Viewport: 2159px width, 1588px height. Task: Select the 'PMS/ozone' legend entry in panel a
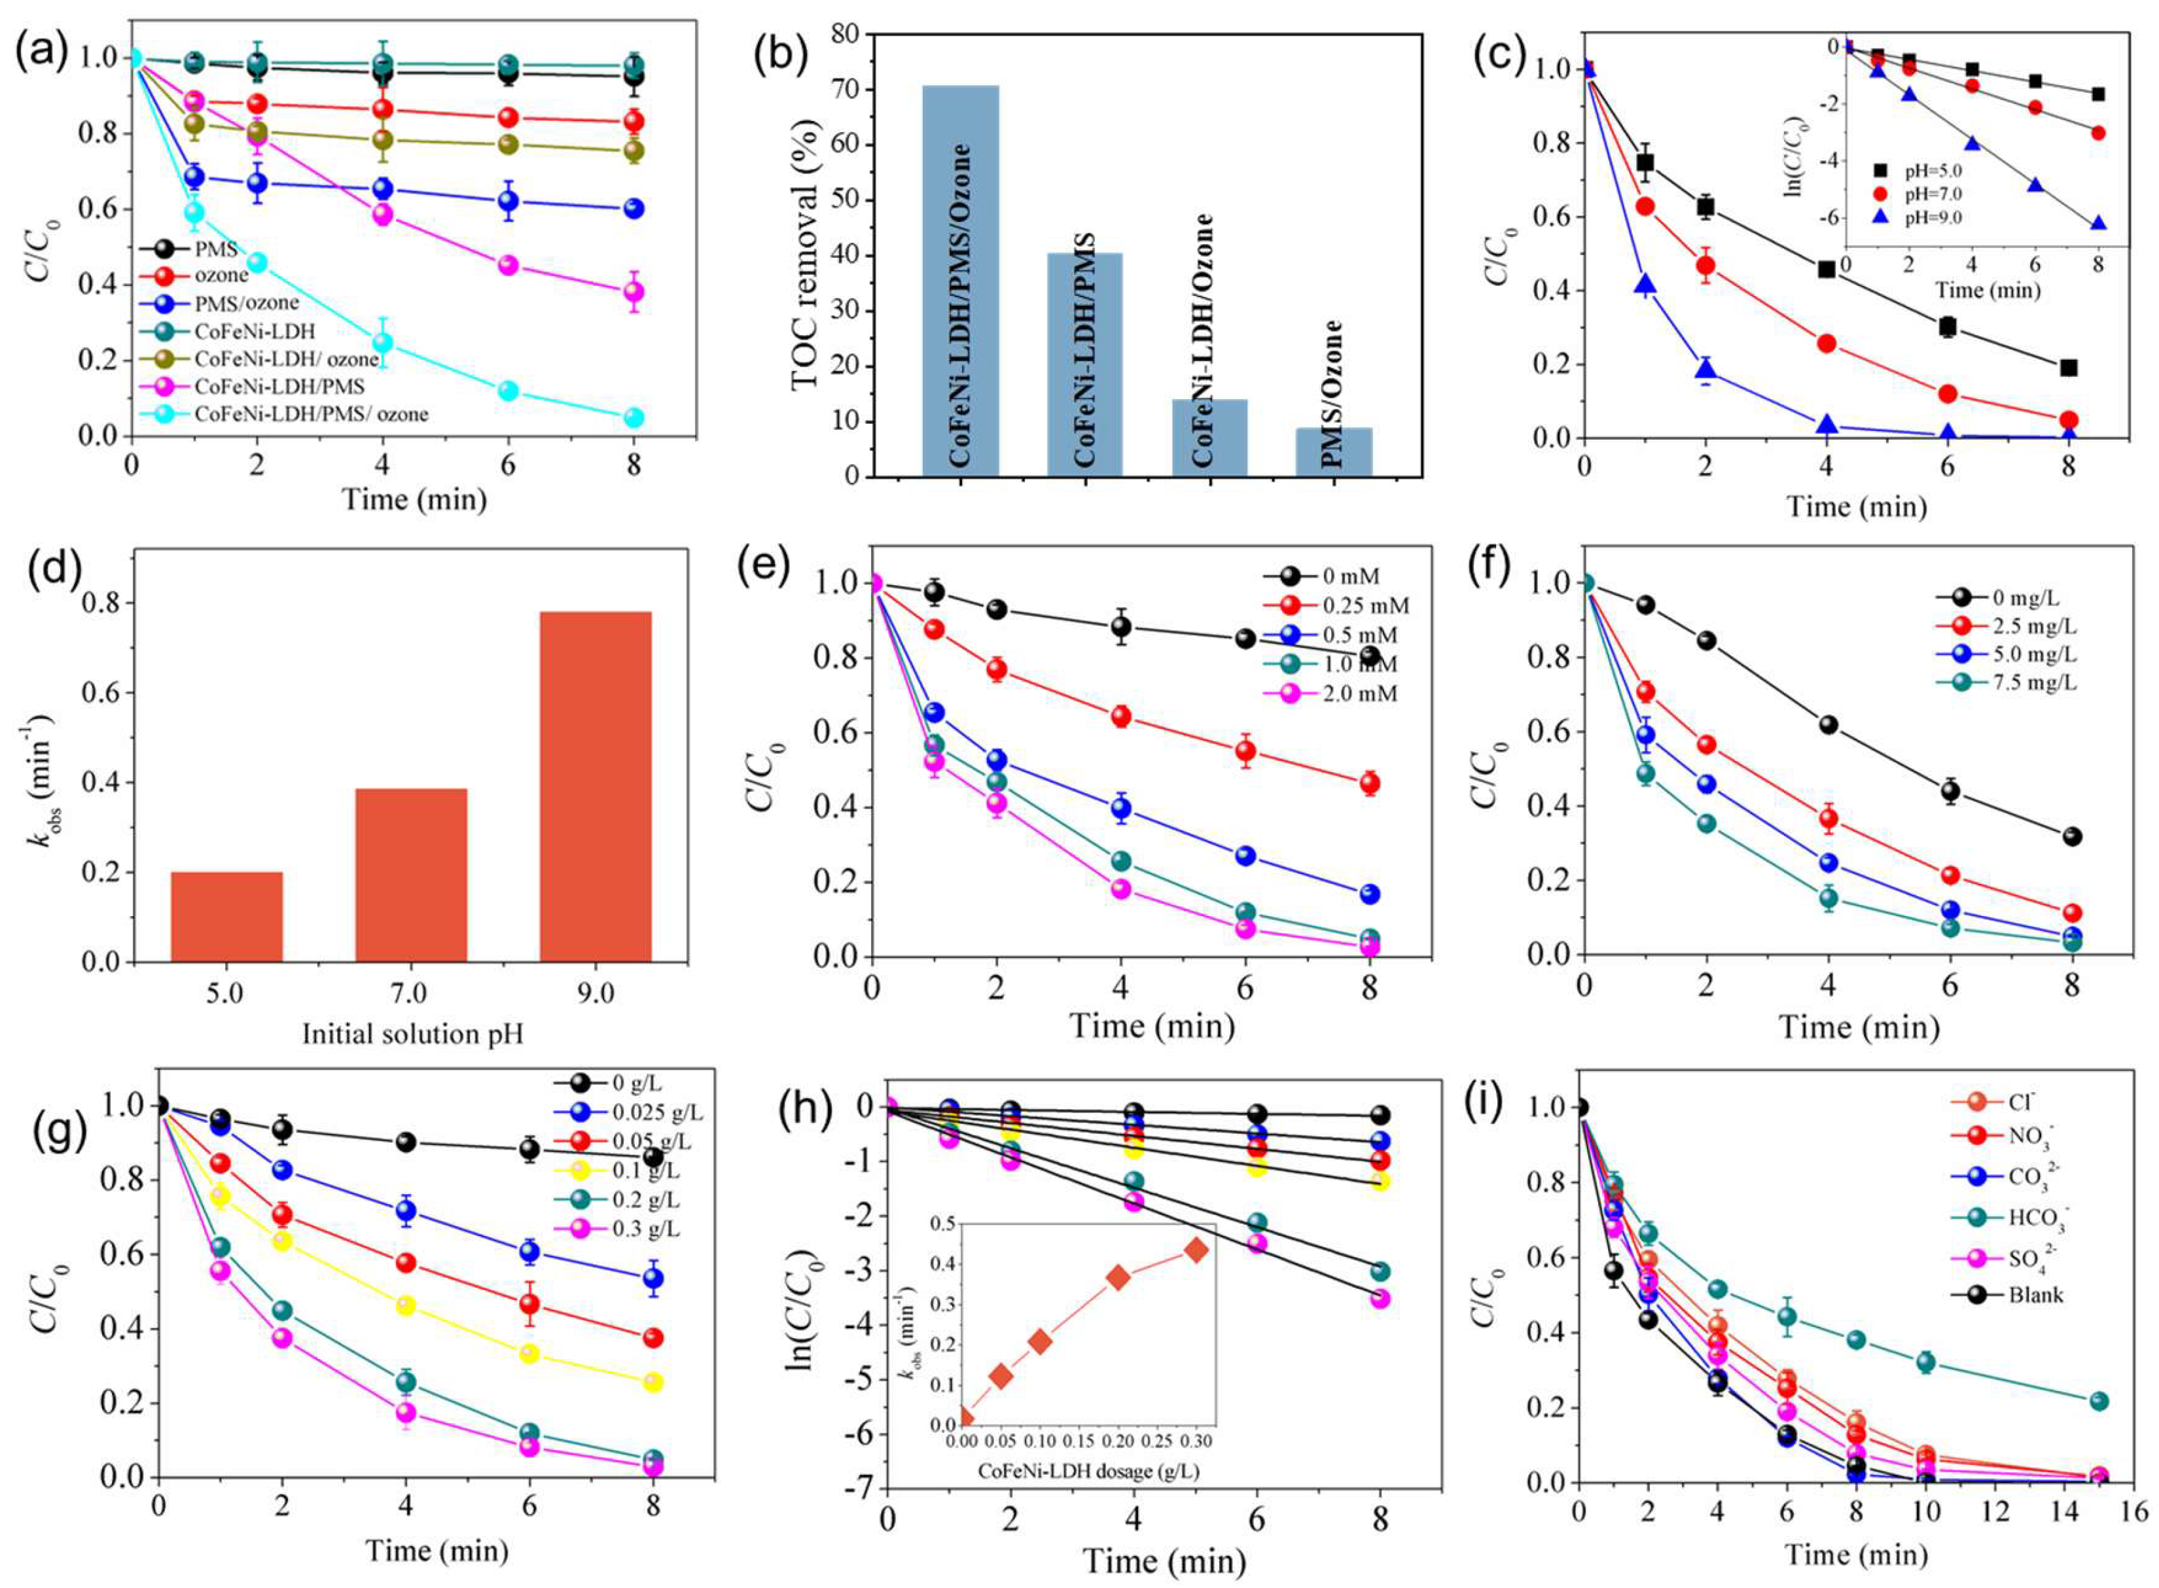tap(245, 303)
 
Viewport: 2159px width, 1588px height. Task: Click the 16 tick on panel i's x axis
tap(2135, 1512)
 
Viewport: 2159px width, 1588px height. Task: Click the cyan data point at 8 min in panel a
tap(633, 417)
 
